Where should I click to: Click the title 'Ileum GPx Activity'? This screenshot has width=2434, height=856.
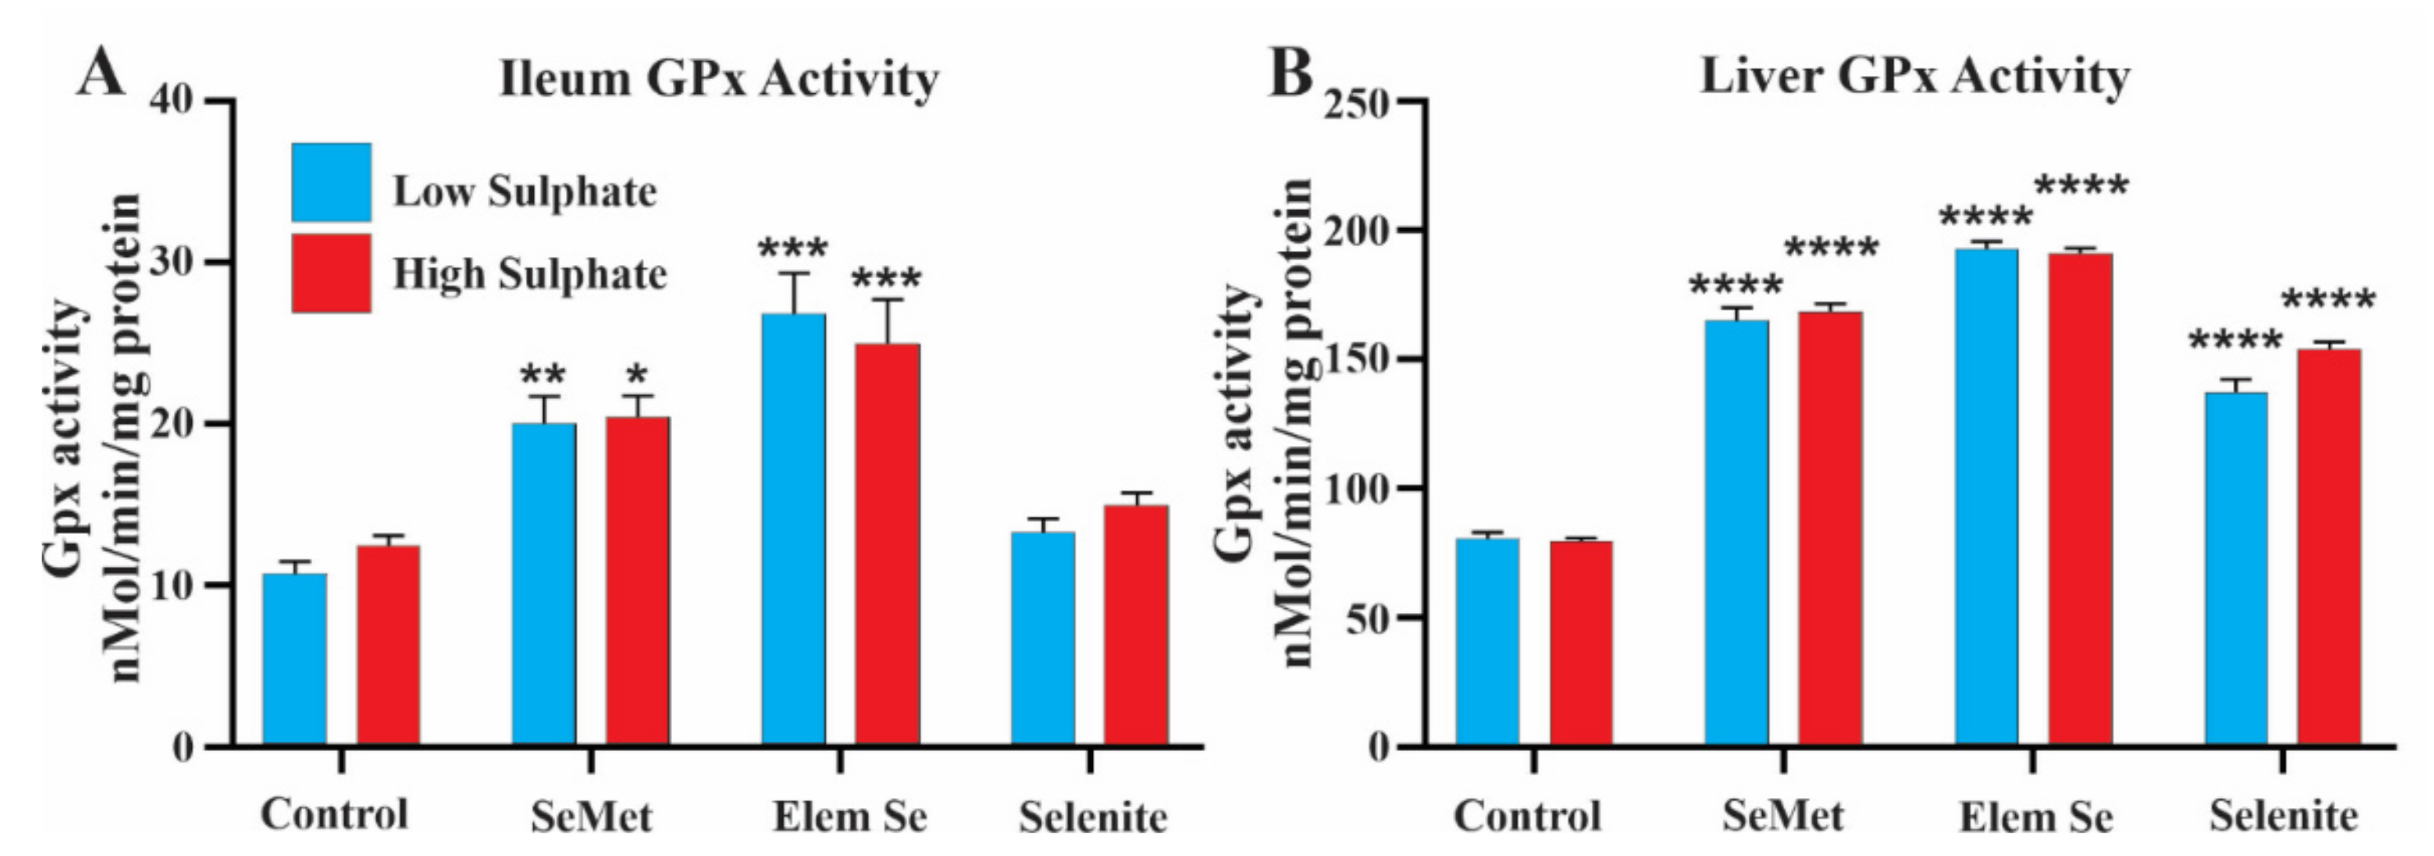[719, 78]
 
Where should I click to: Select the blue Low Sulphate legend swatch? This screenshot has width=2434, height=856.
[331, 183]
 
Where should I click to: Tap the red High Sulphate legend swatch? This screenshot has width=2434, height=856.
[331, 273]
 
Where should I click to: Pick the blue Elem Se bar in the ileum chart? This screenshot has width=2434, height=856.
[794, 529]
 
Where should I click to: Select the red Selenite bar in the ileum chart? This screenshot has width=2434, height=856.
[1135, 626]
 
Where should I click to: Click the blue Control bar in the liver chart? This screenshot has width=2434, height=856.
[1488, 643]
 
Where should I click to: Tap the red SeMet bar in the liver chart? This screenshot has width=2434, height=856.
[1830, 529]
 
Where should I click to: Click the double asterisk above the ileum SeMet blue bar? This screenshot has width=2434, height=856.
[543, 373]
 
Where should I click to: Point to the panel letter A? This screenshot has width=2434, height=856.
[100, 74]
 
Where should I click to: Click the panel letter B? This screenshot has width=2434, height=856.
[1291, 74]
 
